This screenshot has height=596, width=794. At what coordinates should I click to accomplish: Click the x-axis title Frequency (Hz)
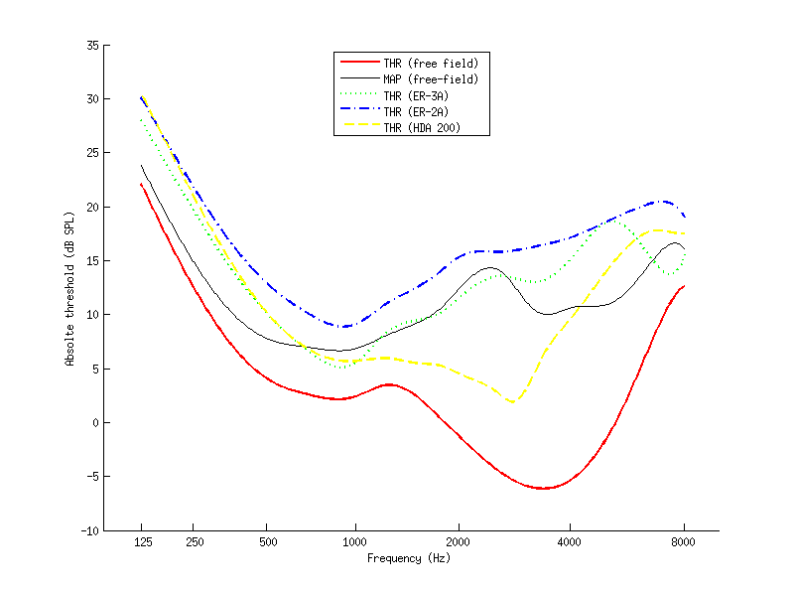[x=409, y=558]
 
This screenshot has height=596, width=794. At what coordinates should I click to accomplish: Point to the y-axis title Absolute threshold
[x=69, y=288]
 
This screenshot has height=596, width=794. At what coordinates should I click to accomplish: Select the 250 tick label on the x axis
[x=195, y=542]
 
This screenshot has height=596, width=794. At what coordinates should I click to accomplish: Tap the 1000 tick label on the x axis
[x=354, y=542]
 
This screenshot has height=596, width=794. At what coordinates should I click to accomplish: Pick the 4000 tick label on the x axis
[x=570, y=542]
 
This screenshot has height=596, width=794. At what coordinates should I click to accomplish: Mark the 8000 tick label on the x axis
[x=684, y=542]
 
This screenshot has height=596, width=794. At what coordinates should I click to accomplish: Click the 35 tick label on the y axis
[x=91, y=45]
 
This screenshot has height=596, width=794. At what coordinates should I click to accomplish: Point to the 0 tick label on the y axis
[x=94, y=423]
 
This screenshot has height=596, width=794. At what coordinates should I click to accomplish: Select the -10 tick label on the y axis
[x=88, y=530]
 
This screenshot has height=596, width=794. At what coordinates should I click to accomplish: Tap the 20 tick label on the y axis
[x=91, y=207]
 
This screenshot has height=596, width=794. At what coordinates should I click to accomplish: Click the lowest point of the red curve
[x=543, y=489]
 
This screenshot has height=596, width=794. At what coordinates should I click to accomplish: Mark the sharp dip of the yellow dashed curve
[x=512, y=401]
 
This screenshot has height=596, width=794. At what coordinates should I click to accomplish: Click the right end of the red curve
[x=684, y=286]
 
